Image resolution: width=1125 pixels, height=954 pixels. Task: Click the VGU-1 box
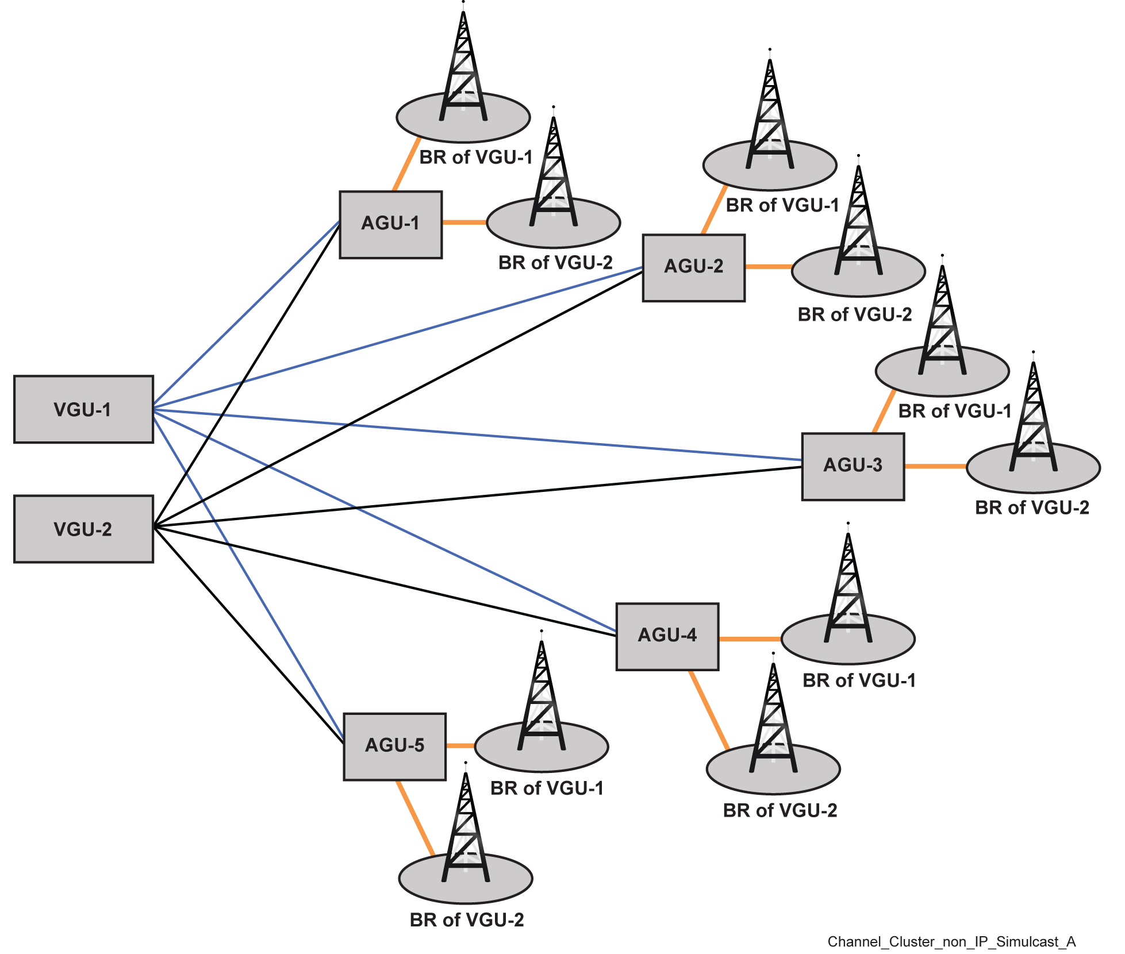(x=83, y=409)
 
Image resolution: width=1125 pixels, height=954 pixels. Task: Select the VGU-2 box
(x=83, y=529)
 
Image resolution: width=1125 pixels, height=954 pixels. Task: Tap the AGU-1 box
(x=390, y=224)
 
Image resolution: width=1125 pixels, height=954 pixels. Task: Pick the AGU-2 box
(x=693, y=267)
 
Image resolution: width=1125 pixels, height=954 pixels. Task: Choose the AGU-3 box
(x=853, y=466)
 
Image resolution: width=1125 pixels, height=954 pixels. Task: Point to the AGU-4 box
(x=667, y=636)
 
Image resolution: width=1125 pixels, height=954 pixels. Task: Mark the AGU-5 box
(x=394, y=747)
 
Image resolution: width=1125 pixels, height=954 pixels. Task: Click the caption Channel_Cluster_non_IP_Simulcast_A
(x=951, y=941)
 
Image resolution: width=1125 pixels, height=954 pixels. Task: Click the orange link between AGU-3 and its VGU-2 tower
(x=935, y=466)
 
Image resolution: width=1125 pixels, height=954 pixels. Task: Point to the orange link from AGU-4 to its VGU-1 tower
(x=750, y=638)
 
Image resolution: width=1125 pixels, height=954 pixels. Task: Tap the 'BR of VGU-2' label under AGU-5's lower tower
(x=467, y=920)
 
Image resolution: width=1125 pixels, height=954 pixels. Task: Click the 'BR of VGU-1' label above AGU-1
(x=476, y=157)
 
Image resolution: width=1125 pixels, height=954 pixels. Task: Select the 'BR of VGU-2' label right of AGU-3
(x=1032, y=507)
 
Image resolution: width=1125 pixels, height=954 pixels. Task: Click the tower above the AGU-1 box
(x=463, y=69)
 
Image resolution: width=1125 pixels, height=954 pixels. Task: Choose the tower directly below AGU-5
(x=466, y=828)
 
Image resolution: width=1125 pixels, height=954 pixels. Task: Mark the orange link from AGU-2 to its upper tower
(x=715, y=210)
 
